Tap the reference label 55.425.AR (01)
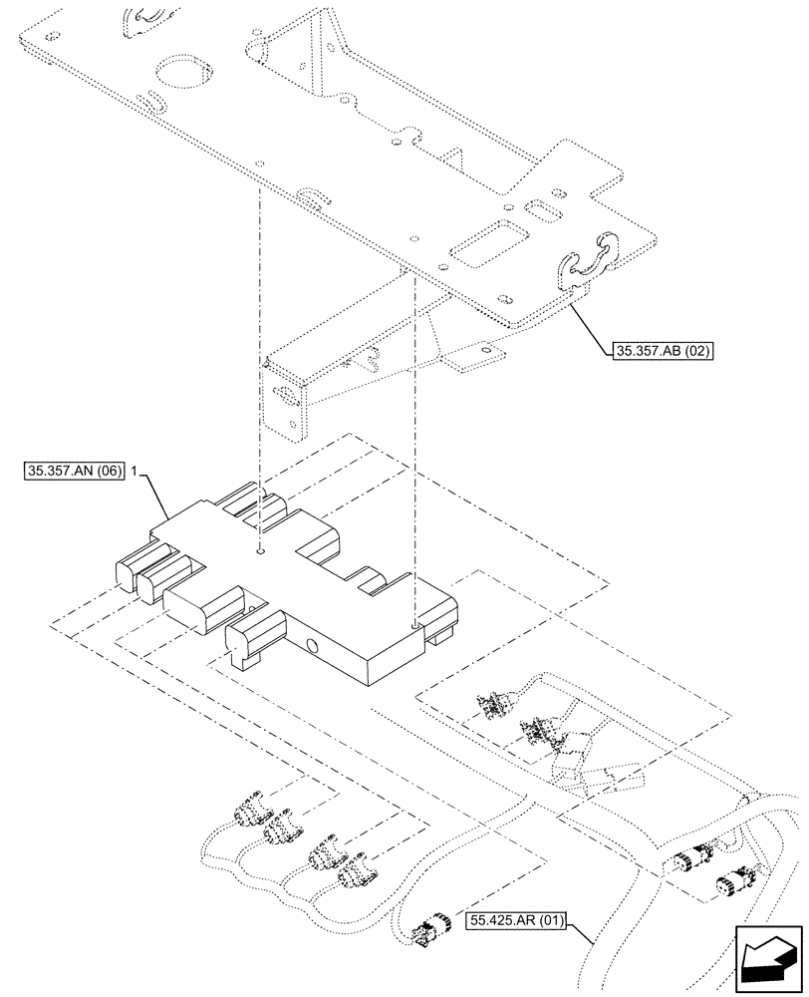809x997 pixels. pos(514,921)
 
